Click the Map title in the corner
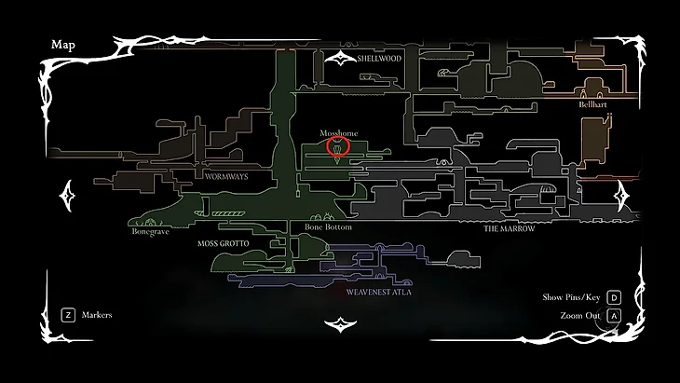pyautogui.click(x=62, y=45)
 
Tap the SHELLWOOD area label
pyautogui.click(x=378, y=58)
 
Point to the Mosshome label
pyautogui.click(x=338, y=133)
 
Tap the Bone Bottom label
pyautogui.click(x=328, y=227)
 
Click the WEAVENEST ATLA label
pyautogui.click(x=378, y=292)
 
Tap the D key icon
pyautogui.click(x=614, y=297)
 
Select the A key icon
pyautogui.click(x=614, y=316)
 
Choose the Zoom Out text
pyautogui.click(x=578, y=316)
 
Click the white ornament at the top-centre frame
pyautogui.click(x=340, y=59)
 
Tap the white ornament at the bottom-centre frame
pyautogui.click(x=340, y=324)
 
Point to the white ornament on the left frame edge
pyautogui.click(x=68, y=195)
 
